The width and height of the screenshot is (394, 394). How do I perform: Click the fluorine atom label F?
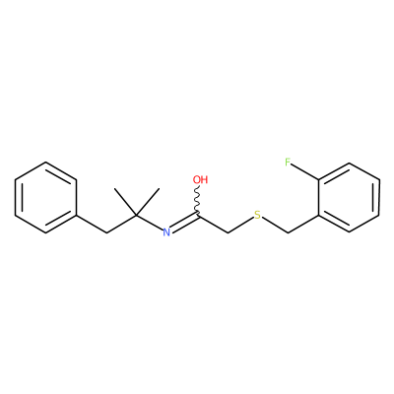(x=288, y=162)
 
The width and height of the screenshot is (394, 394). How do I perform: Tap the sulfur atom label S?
(x=258, y=216)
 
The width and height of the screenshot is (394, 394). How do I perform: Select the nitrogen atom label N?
(x=166, y=232)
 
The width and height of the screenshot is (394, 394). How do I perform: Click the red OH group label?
(x=200, y=179)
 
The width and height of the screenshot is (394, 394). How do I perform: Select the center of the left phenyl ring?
(x=46, y=198)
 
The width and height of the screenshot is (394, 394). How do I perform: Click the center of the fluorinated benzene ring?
(x=349, y=198)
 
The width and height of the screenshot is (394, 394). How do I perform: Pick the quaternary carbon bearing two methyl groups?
(x=137, y=216)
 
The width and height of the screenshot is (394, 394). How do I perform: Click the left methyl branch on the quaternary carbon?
(x=125, y=202)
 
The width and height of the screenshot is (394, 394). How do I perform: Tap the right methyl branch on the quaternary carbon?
(x=148, y=202)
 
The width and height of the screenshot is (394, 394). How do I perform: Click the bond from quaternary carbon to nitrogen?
(x=150, y=223)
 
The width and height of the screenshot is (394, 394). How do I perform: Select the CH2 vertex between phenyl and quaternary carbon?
(x=106, y=233)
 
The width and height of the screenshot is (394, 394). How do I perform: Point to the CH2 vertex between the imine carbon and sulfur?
(x=229, y=233)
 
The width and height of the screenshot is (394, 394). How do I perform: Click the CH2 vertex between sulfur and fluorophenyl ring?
(x=288, y=233)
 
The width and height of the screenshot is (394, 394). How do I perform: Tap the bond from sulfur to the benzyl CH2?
(x=275, y=226)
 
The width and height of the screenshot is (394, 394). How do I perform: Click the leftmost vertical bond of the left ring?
(x=16, y=198)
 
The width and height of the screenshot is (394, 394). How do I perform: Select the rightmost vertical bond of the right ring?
(x=379, y=198)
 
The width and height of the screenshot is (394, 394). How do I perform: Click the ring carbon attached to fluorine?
(x=318, y=180)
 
